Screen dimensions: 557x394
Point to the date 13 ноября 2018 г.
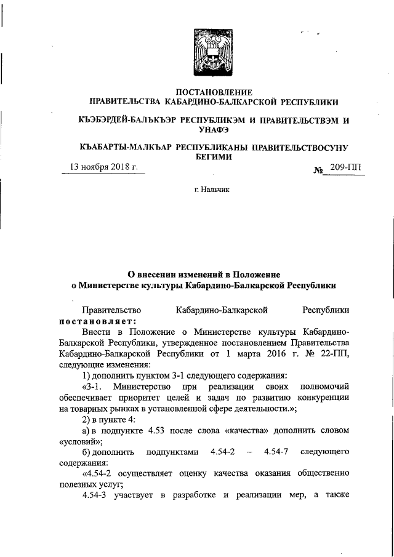(x=103, y=167)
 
